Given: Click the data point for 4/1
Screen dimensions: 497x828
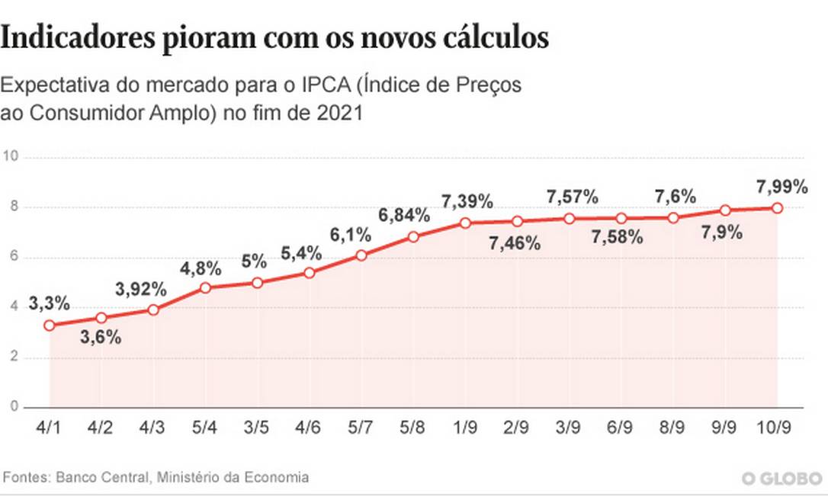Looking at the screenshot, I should tap(50, 325).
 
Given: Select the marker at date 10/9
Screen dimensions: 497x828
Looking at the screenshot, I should tap(777, 208).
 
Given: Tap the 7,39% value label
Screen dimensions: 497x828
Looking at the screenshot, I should tap(467, 202).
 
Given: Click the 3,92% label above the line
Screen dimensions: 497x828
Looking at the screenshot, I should tap(141, 289).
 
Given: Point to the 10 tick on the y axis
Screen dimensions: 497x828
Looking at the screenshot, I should tap(10, 157).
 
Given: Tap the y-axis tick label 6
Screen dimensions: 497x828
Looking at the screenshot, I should tap(13, 258).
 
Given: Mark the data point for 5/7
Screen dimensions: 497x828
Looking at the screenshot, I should tap(361, 255).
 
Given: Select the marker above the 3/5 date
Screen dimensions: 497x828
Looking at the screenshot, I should tap(258, 283).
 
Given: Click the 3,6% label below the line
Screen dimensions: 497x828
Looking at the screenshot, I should tap(101, 338).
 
